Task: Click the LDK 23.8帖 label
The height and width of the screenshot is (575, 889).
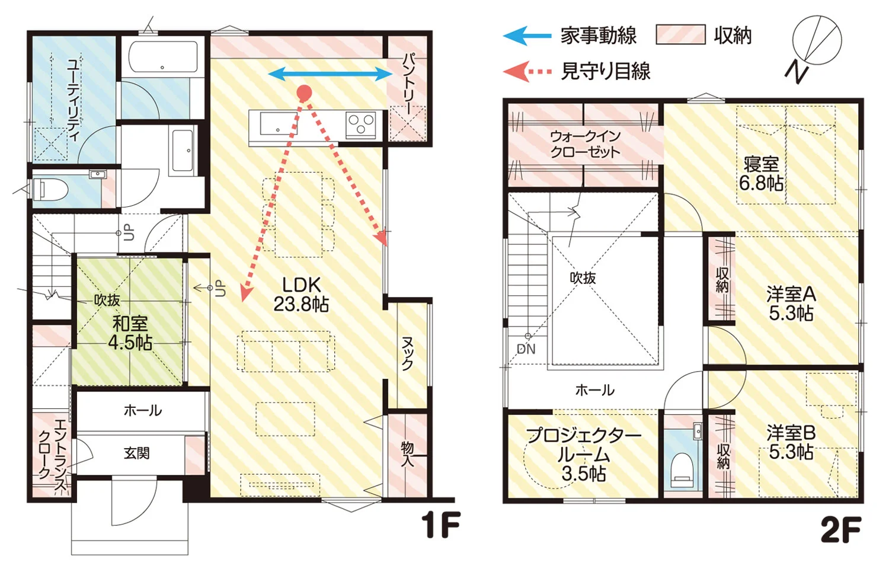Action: click(x=301, y=295)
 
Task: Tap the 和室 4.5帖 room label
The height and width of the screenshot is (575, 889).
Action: click(x=130, y=333)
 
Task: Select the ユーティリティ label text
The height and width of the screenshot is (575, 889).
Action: click(x=73, y=100)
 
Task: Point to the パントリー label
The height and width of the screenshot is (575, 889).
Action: click(x=409, y=84)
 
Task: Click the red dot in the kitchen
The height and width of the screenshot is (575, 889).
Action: click(x=304, y=92)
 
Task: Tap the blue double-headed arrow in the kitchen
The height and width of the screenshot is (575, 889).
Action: click(x=331, y=74)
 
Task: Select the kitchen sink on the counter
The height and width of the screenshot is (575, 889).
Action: click(x=279, y=123)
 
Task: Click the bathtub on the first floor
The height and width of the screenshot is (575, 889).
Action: click(x=163, y=57)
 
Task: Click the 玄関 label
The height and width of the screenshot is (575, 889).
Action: click(x=136, y=453)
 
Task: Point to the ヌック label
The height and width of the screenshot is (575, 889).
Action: click(x=408, y=353)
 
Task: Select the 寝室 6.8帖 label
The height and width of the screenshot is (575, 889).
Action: click(x=761, y=174)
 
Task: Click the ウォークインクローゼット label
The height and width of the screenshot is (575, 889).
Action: click(x=585, y=145)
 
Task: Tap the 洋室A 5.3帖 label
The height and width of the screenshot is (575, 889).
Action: click(x=791, y=304)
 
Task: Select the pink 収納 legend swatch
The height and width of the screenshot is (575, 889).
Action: click(x=680, y=34)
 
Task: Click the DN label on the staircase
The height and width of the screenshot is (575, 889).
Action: click(x=526, y=349)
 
